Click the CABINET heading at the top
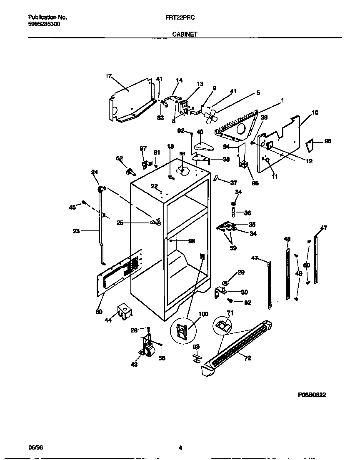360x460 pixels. point(185,35)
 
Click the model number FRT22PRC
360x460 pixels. point(180,17)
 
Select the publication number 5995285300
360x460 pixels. point(44,24)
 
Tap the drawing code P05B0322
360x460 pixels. point(312,395)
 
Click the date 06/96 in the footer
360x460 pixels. point(35,448)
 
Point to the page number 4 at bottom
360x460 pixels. point(180,448)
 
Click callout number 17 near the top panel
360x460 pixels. point(109,76)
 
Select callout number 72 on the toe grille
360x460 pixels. point(247,358)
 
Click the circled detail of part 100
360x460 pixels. point(182,332)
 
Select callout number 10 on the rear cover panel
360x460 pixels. point(315,112)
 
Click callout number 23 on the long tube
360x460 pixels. point(76,230)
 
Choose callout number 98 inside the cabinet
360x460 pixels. point(191,241)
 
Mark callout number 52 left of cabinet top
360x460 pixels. point(120,158)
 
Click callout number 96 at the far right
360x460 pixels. point(327,141)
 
